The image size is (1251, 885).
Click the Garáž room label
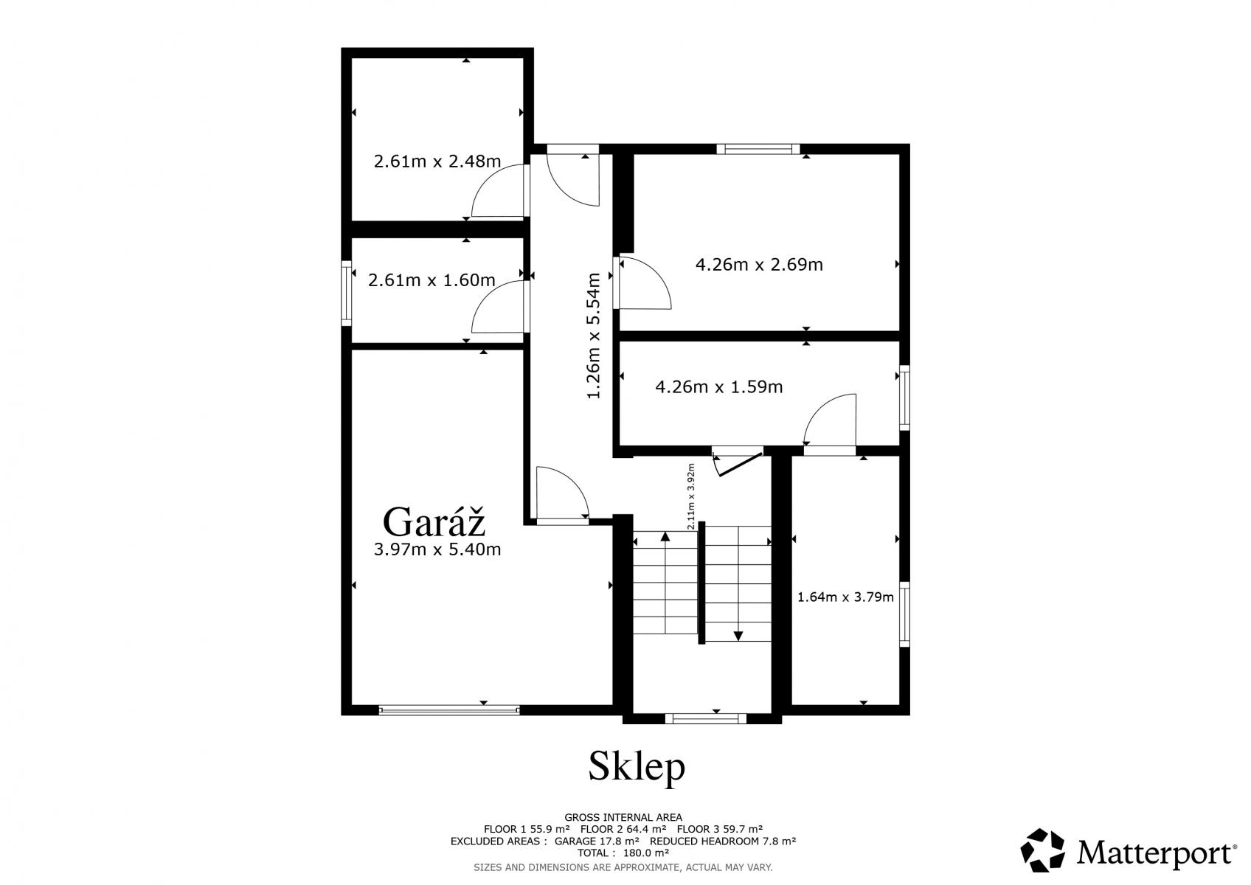click(434, 521)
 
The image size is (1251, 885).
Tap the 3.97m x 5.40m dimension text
click(437, 550)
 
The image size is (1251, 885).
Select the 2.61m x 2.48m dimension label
click(437, 162)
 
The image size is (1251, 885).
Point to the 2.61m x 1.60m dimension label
click(432, 280)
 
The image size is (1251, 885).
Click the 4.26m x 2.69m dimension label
click(759, 264)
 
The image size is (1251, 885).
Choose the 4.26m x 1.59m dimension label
click(718, 387)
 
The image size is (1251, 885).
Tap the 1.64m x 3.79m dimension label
click(845, 597)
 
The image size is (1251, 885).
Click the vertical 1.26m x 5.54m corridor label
click(593, 336)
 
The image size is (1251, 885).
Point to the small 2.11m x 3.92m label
click(691, 496)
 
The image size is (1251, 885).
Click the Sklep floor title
click(637, 767)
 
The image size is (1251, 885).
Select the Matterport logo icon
click(1042, 850)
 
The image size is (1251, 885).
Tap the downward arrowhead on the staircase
click(738, 636)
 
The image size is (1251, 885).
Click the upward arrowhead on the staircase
click(665, 537)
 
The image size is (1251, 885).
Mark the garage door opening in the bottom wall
click(449, 710)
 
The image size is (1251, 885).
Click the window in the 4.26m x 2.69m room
click(758, 149)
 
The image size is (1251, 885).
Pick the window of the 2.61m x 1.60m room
click(346, 293)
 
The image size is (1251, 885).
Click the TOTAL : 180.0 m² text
click(623, 853)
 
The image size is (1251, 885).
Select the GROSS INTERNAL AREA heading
click(623, 817)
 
